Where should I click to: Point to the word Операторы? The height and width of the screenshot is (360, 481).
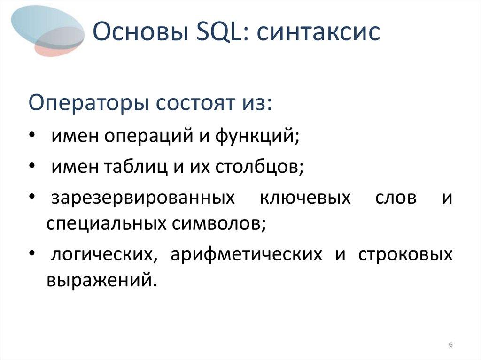(x=86, y=103)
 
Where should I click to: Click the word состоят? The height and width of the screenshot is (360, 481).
(x=189, y=103)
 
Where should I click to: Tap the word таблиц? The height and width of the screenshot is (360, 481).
(x=128, y=167)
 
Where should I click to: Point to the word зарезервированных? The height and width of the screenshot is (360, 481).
(x=143, y=198)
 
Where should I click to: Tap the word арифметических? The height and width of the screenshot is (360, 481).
(x=246, y=254)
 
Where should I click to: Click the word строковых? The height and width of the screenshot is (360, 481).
(x=405, y=254)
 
